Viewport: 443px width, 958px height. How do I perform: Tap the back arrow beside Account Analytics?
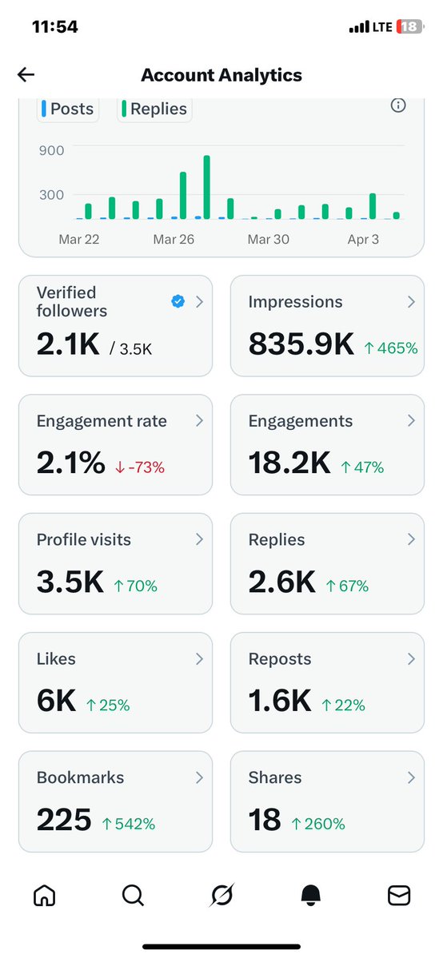tap(26, 75)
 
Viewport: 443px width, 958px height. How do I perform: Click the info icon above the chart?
tap(397, 105)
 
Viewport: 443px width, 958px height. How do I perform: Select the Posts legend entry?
tap(68, 109)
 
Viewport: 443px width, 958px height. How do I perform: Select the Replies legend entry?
tap(154, 109)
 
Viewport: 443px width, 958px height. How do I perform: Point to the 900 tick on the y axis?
tap(51, 149)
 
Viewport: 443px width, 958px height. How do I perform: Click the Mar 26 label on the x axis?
tap(174, 239)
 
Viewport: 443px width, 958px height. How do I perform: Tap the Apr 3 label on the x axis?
tap(363, 239)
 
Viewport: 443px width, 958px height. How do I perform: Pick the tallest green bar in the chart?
tap(206, 187)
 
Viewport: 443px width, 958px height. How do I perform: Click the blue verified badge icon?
tap(178, 301)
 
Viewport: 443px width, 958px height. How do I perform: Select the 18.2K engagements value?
tap(289, 463)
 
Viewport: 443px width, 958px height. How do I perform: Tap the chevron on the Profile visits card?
tap(199, 540)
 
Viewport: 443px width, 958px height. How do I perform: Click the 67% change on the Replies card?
tap(347, 586)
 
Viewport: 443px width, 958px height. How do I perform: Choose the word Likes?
tap(56, 659)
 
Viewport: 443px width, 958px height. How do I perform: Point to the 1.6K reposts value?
tap(279, 702)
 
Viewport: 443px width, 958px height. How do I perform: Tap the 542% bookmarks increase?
tap(129, 824)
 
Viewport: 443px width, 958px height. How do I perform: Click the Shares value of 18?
tap(265, 820)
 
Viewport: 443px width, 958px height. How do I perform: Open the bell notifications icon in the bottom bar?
tap(309, 896)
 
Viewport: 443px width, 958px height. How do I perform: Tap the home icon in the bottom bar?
tap(44, 896)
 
